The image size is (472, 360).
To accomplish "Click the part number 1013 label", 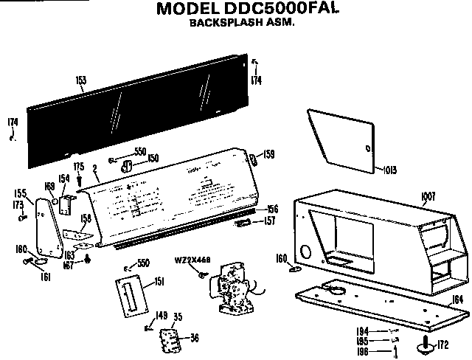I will pos(390,170).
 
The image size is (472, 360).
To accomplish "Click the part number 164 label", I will pos(457,299).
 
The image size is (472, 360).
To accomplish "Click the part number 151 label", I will pos(159,282).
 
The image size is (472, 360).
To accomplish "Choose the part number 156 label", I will pos(272,209).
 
